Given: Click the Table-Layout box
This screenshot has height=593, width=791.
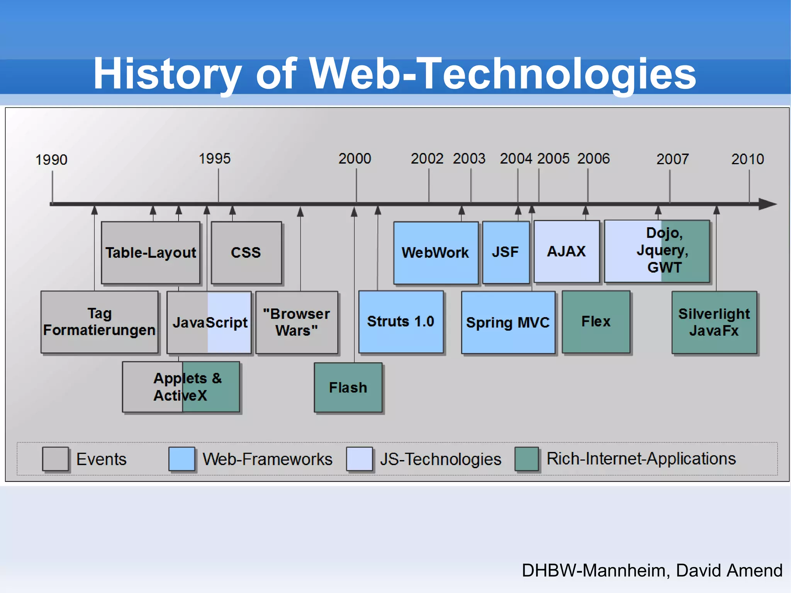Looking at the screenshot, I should [151, 253].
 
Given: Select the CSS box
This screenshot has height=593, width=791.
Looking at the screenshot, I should [246, 253].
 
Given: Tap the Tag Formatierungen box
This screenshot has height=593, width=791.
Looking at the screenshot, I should [99, 322].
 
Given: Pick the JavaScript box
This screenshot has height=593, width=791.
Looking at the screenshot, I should [209, 322].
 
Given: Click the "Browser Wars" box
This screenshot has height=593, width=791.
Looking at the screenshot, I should [297, 322].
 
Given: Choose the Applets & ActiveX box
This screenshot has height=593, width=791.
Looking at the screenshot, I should [181, 387].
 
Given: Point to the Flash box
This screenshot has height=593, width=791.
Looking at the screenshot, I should [348, 387].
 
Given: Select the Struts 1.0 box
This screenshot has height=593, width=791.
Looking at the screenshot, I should [401, 322].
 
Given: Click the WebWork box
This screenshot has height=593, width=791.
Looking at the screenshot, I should [436, 253].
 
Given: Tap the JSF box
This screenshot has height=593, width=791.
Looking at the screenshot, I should [506, 252].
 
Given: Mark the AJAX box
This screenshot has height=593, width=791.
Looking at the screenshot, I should [567, 251].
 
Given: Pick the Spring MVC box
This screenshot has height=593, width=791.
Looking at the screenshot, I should [508, 322].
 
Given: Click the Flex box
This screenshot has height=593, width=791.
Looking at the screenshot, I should [596, 322].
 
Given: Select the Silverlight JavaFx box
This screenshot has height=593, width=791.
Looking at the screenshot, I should [714, 322].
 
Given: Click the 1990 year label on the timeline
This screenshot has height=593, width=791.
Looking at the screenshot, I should [51, 160].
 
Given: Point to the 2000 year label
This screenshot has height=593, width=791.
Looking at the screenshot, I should [355, 158].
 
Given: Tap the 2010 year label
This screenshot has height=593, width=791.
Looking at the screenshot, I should [747, 159].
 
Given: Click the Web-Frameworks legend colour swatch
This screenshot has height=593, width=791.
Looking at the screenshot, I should [182, 459].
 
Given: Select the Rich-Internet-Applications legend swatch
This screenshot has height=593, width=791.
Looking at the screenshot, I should [526, 459].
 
